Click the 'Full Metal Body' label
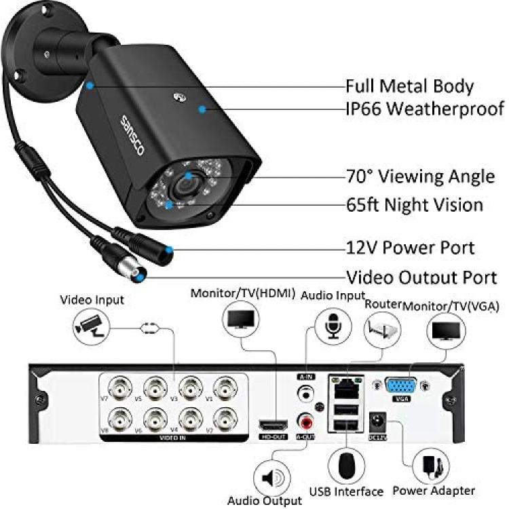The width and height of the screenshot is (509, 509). tap(409, 86)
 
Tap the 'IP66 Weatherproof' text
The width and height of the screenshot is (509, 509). tap(425, 109)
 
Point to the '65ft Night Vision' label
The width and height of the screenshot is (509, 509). tap(423, 204)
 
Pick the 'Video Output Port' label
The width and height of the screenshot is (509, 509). tap(421, 278)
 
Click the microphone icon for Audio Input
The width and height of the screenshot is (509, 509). tap(333, 327)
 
